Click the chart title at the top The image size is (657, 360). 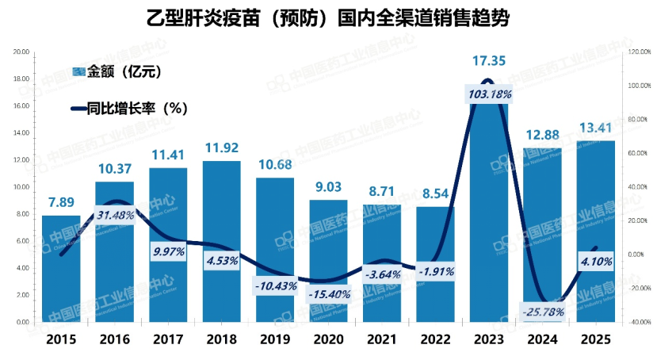click(x=328, y=17)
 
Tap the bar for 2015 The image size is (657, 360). click(x=61, y=270)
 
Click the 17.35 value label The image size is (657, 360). click(x=489, y=60)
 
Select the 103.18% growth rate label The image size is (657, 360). click(x=490, y=94)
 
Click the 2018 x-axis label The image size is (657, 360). click(x=221, y=341)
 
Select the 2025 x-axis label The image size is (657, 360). click(x=595, y=341)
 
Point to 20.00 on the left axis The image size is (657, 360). click(x=21, y=52)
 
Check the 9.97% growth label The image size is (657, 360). click(x=168, y=252)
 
